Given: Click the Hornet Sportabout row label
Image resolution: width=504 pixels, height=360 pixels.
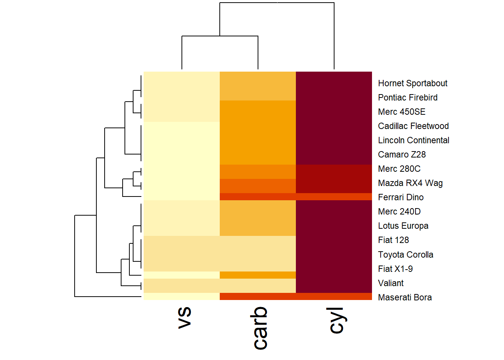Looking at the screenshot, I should pyautogui.click(x=412, y=83).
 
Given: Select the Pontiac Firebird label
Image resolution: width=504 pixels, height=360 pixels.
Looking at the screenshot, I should pyautogui.click(x=408, y=97).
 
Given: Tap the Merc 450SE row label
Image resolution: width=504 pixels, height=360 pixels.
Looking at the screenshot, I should pyautogui.click(x=402, y=112).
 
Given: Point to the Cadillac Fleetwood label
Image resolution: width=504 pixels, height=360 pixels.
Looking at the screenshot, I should pyautogui.click(x=413, y=126).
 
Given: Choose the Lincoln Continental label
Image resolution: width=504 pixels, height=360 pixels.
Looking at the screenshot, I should pyautogui.click(x=414, y=140).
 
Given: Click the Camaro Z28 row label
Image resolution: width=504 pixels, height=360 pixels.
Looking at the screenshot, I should pyautogui.click(x=402, y=154).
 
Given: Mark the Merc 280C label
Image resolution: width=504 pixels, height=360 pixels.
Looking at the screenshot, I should pyautogui.click(x=399, y=169).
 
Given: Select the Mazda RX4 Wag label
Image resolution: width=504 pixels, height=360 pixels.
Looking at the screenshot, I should pyautogui.click(x=410, y=183).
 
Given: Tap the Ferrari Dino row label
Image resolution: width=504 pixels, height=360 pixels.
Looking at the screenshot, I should pyautogui.click(x=400, y=197).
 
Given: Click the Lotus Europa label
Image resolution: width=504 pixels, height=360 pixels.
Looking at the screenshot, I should pyautogui.click(x=403, y=226).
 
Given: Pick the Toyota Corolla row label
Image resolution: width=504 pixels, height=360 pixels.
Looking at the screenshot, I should pyautogui.click(x=405, y=255).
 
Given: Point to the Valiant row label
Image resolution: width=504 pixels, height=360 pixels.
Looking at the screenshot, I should pyautogui.click(x=391, y=283).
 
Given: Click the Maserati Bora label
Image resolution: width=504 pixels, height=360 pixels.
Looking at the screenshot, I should pyautogui.click(x=405, y=297).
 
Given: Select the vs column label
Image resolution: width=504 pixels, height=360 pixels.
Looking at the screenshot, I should pyautogui.click(x=184, y=317).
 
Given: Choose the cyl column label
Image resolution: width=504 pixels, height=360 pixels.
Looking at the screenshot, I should pyautogui.click(x=336, y=320).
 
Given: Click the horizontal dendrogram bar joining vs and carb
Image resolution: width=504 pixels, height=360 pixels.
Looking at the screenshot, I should pyautogui.click(x=220, y=36).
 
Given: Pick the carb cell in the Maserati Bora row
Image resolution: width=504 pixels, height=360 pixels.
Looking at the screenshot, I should pyautogui.click(x=258, y=297).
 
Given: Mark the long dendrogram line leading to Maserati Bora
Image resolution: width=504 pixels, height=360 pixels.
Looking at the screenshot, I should pyautogui.click(x=109, y=297).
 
